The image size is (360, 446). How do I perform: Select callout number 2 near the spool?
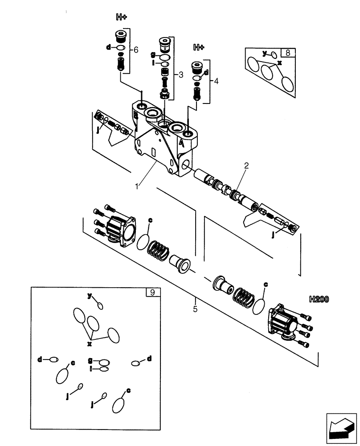coord(246,165)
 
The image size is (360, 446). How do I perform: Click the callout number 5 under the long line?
coord(195,308)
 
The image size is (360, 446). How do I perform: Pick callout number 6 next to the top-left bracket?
coord(136,50)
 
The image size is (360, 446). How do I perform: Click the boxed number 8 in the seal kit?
coord(288,53)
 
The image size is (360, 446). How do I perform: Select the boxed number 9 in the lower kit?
coord(152,293)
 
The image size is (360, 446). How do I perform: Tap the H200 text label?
coord(318,300)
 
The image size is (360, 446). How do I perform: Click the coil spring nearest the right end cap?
coord(246,297)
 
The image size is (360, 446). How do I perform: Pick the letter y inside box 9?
coord(90,295)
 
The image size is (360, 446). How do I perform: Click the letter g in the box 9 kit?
coord(90,360)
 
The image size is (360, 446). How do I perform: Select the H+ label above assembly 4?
coord(199,47)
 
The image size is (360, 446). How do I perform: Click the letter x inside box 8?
coord(279,63)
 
